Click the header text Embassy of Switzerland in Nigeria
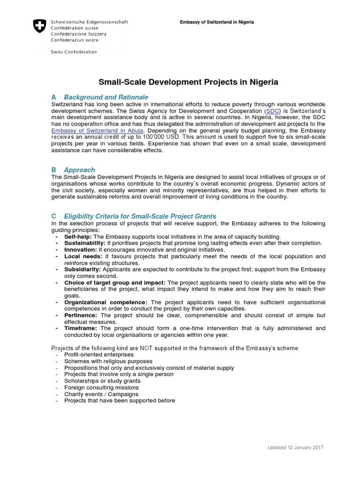click(217, 22)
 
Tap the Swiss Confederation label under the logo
click(74, 52)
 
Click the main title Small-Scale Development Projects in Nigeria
click(187, 82)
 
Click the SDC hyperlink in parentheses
click(271, 110)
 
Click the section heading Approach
click(79, 170)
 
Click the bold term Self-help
click(78, 237)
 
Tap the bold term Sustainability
click(85, 243)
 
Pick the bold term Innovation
click(81, 250)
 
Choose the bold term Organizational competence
click(105, 303)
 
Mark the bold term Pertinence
click(81, 316)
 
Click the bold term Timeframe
click(81, 329)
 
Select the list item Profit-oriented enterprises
click(99, 355)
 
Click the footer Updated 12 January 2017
click(295, 448)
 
